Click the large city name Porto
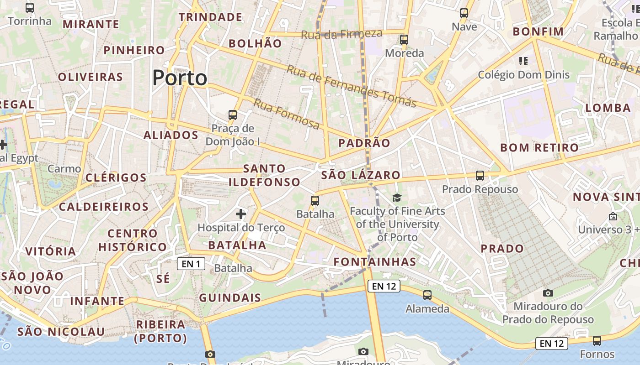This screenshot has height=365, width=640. (180, 78)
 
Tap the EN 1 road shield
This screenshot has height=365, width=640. (191, 264)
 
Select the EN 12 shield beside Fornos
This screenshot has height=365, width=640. (552, 344)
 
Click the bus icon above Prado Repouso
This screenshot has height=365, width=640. (480, 176)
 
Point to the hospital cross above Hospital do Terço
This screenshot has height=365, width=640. (241, 214)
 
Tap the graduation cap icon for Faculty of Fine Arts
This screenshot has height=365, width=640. (397, 198)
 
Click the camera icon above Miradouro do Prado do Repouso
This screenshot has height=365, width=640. (548, 293)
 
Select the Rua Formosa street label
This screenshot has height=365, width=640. (287, 114)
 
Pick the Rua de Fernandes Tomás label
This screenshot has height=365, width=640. (351, 86)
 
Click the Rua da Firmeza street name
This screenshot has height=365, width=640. (341, 34)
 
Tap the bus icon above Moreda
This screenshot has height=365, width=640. (404, 40)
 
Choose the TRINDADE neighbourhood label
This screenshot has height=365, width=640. (210, 17)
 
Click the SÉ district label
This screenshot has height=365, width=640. (163, 278)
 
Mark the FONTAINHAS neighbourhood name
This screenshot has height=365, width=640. (375, 262)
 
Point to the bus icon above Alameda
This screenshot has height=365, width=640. (427, 295)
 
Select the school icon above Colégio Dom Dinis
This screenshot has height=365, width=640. (523, 61)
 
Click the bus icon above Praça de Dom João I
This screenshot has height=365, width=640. (233, 115)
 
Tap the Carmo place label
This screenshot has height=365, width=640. (64, 169)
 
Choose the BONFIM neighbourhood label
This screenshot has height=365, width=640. (538, 31)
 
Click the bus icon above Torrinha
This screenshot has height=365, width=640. (30, 8)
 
